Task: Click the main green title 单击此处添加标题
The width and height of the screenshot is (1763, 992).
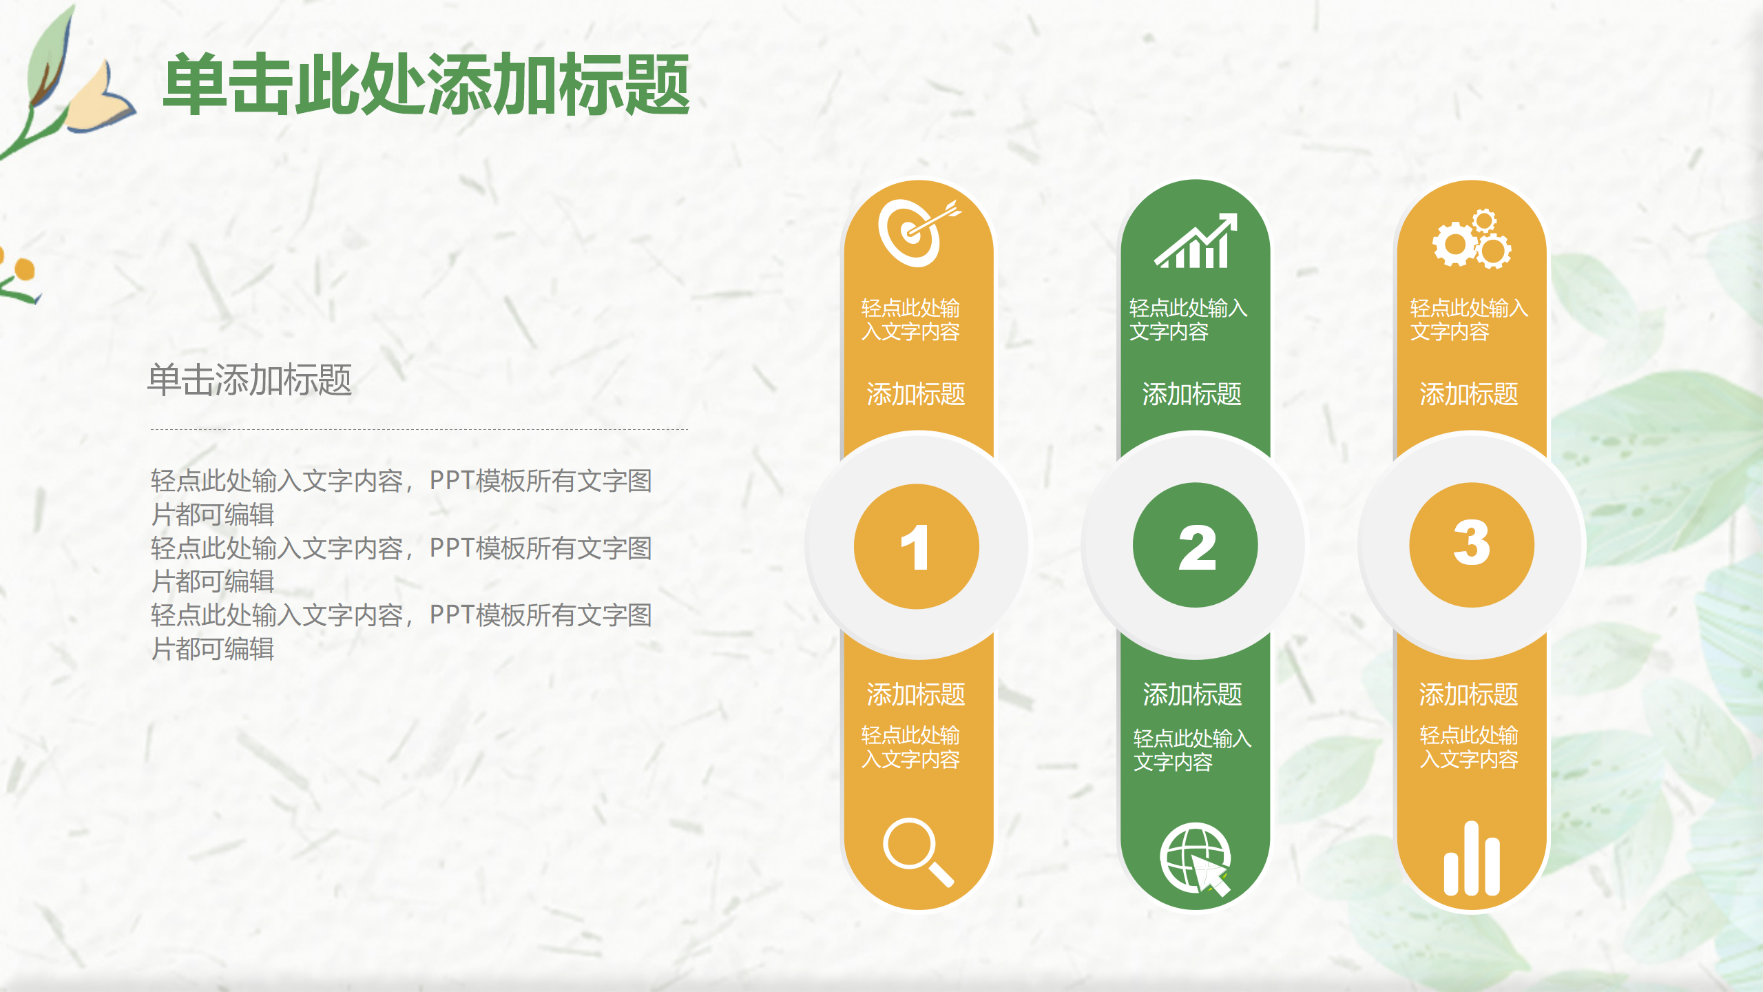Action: (x=427, y=84)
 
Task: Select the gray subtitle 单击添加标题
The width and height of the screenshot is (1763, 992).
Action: (x=250, y=380)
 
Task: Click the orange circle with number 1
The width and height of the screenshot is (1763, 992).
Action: (x=916, y=546)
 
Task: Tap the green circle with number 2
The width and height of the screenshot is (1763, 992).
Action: (x=1196, y=545)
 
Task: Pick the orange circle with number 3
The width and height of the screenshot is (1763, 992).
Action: (x=1472, y=545)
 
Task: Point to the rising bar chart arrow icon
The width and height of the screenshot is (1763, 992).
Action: (x=1196, y=241)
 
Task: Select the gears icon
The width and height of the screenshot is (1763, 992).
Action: (x=1472, y=239)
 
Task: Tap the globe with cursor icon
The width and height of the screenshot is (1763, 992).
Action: (x=1196, y=858)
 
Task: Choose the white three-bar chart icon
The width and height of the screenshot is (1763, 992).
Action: (x=1472, y=859)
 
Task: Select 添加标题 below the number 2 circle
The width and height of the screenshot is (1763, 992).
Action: (x=1192, y=694)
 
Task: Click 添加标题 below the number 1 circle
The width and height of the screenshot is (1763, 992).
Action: (x=916, y=694)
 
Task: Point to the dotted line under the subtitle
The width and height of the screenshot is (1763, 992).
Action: (x=419, y=429)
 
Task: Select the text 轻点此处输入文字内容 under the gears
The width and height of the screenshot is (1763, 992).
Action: (x=1469, y=320)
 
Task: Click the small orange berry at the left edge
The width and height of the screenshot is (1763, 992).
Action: (x=24, y=269)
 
